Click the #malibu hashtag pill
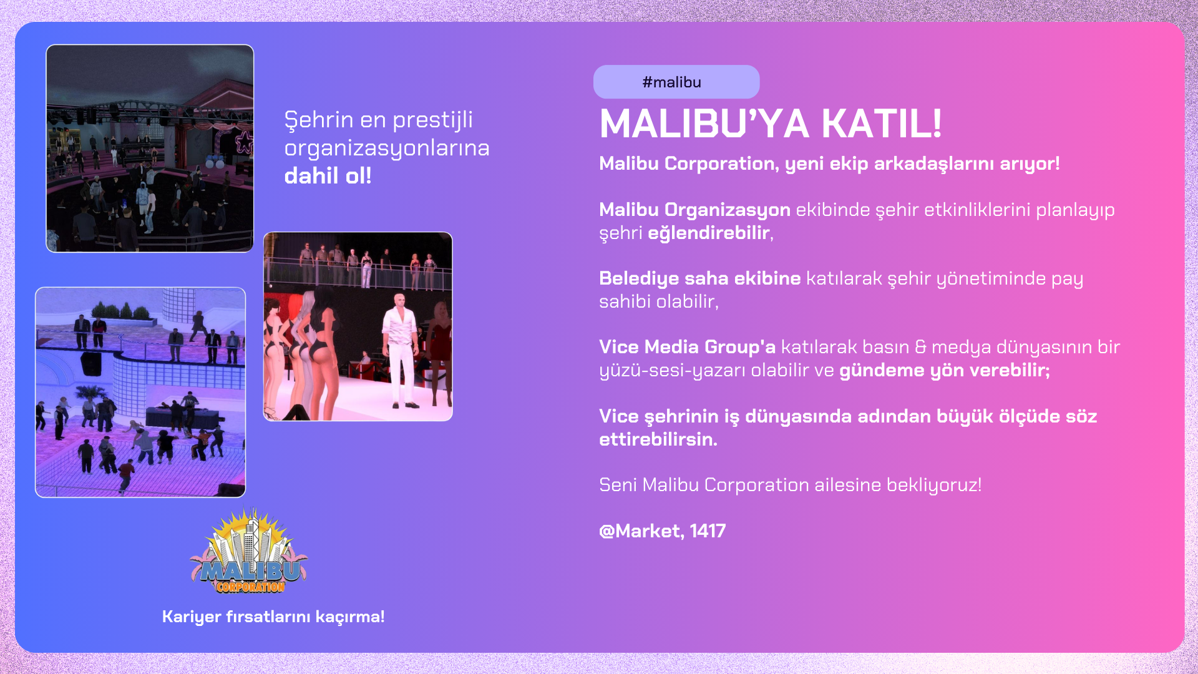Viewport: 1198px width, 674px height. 676,82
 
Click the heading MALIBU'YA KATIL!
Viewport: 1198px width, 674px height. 771,124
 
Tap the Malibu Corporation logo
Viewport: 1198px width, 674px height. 250,550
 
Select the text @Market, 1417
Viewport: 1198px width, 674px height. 662,530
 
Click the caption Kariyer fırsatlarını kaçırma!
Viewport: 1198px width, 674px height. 273,617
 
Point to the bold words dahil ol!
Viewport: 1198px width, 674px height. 328,176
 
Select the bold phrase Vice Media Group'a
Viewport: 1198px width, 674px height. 687,346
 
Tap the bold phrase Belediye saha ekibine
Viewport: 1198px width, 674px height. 699,278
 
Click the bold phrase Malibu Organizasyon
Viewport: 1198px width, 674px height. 694,209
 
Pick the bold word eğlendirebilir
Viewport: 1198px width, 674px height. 708,233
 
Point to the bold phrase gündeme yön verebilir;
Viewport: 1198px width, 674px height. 945,370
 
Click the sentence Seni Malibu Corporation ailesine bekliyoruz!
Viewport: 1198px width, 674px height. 791,485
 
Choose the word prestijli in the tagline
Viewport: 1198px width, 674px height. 432,120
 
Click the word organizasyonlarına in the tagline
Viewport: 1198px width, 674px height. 387,149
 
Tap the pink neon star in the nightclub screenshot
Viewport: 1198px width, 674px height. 243,142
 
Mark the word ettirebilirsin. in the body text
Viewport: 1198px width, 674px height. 658,439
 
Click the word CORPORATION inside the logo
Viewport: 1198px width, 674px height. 250,587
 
